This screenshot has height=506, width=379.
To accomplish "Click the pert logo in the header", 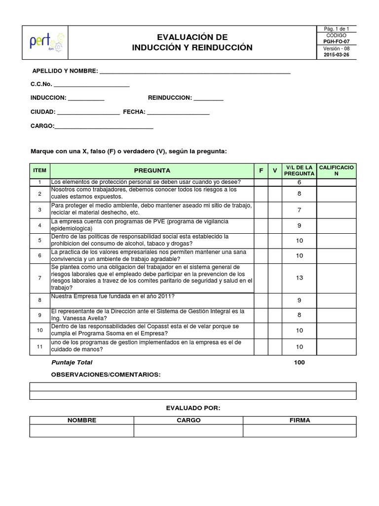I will (45, 43).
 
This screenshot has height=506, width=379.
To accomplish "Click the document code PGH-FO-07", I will (336, 42).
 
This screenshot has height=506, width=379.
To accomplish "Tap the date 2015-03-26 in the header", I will (336, 55).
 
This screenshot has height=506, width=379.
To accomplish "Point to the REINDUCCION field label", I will (170, 98).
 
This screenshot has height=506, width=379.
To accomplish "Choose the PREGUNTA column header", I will (152, 170).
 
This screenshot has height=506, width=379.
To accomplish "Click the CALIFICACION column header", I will (336, 170).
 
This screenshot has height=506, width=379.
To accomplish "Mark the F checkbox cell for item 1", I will (261, 182).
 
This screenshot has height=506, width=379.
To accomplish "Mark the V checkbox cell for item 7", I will (275, 278).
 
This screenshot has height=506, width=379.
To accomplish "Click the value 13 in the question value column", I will (300, 278).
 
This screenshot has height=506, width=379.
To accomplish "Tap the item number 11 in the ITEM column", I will (39, 347).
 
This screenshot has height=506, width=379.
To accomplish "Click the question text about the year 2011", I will (113, 296).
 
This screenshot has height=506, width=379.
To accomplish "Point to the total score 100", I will (300, 363).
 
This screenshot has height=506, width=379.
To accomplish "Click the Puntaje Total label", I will (72, 363).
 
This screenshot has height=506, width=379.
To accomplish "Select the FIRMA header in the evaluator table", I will (300, 421).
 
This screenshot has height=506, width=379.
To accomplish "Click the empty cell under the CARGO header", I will (188, 431).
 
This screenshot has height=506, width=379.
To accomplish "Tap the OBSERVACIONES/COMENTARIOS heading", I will (106, 375).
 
